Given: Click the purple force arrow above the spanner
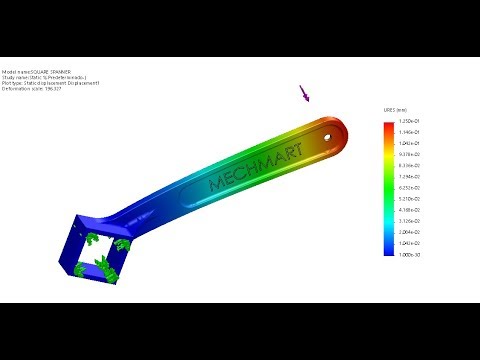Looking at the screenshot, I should (304, 95).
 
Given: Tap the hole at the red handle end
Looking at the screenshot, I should (328, 131).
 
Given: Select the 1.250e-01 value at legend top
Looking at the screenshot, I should (411, 121).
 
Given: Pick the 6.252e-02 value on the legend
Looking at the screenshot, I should (411, 188).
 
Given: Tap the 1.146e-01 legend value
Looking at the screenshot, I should (411, 132).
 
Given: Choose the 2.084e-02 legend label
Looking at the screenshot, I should (411, 232).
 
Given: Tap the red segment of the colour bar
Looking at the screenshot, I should (389, 128).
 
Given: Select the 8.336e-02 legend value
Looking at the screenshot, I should (411, 166).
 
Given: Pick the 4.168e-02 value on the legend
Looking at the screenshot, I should (411, 210).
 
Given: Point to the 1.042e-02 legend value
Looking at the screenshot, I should (411, 243).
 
